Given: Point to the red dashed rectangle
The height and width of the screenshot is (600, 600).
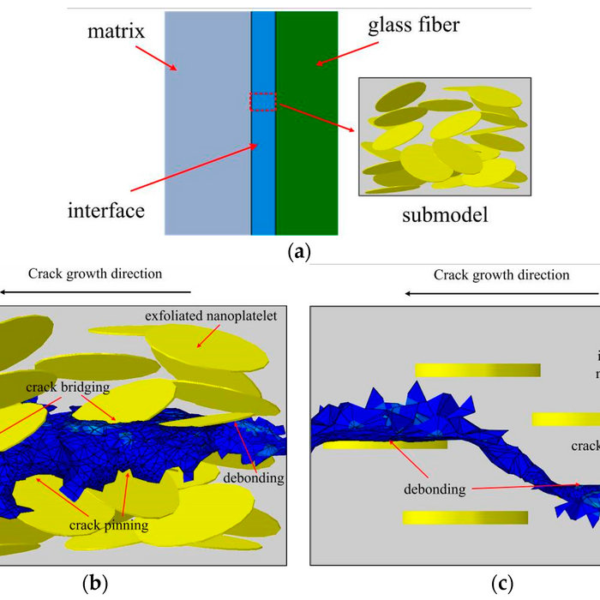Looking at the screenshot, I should (263, 101).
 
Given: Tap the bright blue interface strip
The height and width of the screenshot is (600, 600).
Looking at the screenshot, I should (263, 171).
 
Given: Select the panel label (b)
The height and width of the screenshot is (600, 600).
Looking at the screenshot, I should (94, 584).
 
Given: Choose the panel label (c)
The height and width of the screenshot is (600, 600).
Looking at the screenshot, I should (502, 584).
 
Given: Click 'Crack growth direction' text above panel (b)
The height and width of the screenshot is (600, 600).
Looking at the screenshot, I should (95, 274).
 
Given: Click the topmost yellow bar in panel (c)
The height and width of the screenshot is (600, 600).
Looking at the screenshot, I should (477, 369).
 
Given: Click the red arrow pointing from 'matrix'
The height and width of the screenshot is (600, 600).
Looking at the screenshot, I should (157, 57).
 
